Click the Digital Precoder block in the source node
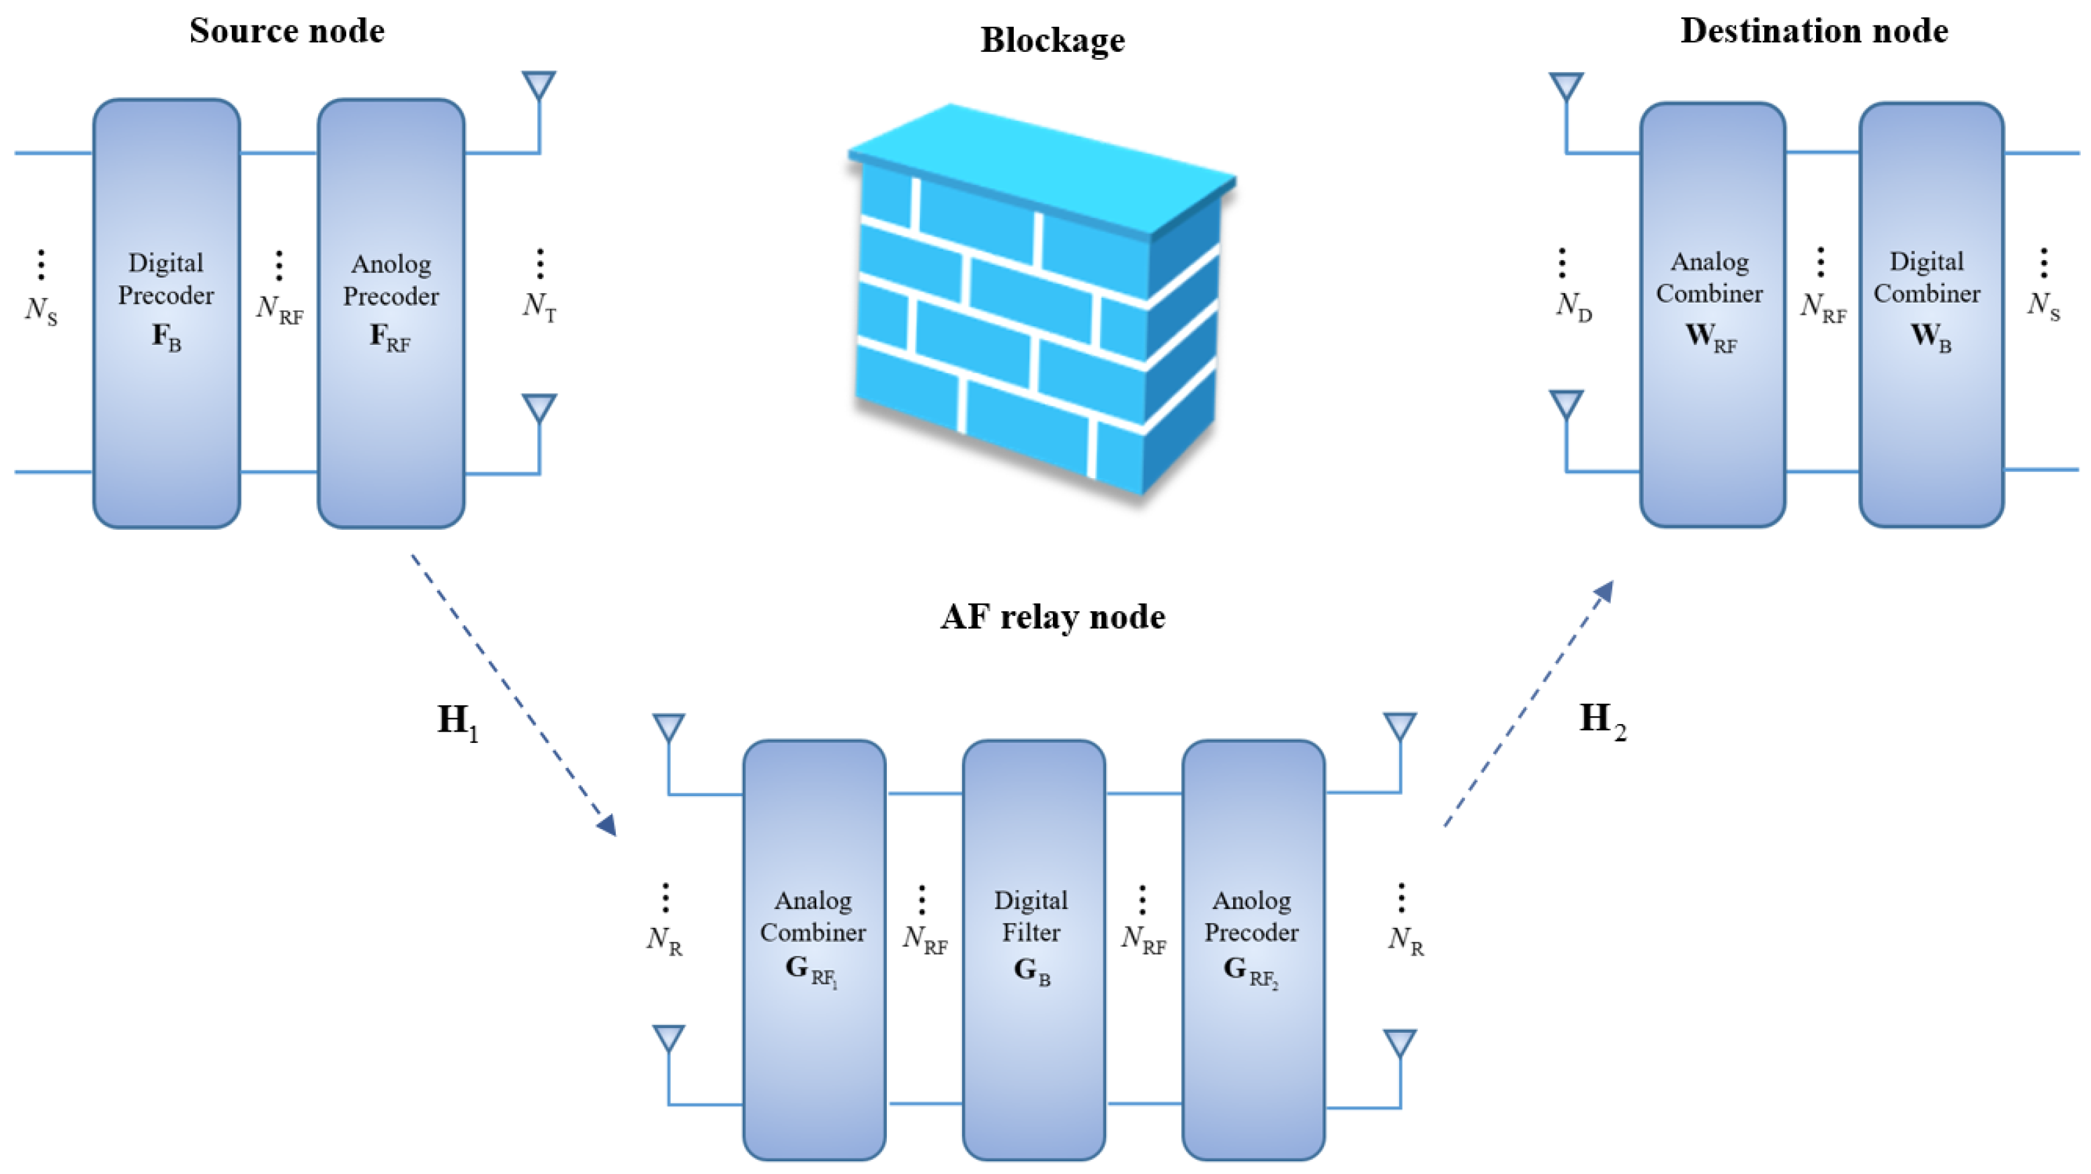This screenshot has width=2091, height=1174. [166, 313]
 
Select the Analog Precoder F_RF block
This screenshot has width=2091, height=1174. [391, 313]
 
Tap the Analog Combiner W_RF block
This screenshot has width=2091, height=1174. [1712, 314]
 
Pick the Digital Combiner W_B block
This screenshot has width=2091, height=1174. [1931, 314]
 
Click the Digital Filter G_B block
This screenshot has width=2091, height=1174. [1033, 949]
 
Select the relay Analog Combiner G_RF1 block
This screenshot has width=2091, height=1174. [814, 949]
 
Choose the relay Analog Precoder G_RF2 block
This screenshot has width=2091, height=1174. [1253, 949]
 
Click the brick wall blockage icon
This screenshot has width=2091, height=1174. [1039, 301]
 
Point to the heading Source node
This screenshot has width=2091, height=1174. [286, 31]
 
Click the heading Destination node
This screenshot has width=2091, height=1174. [1814, 31]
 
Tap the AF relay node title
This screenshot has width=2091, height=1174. [1053, 617]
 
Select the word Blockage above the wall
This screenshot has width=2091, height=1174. [1053, 40]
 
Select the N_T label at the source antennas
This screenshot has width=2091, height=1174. [540, 306]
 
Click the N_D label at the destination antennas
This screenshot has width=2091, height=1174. [1573, 306]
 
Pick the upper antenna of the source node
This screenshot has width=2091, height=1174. [539, 85]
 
